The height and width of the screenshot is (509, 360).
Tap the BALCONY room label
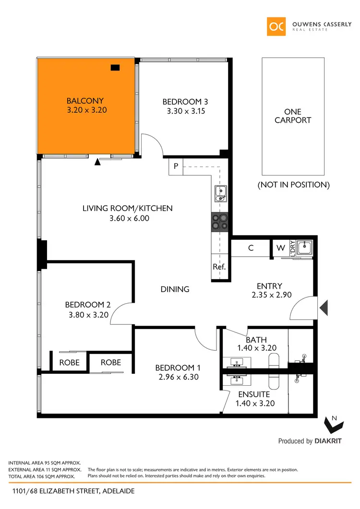click(x=85, y=101)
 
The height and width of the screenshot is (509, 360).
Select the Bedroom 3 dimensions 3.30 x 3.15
click(x=185, y=111)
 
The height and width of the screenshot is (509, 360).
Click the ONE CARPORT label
click(x=293, y=116)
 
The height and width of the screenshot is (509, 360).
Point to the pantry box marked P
click(x=176, y=167)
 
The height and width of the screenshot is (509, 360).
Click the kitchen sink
click(x=221, y=193)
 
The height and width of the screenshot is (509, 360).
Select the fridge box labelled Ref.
click(x=219, y=267)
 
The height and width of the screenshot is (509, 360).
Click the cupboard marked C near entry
click(x=251, y=248)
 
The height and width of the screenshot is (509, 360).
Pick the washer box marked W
click(x=280, y=248)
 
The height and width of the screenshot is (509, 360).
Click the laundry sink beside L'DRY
click(x=304, y=248)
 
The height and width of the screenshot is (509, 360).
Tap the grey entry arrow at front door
click(x=324, y=307)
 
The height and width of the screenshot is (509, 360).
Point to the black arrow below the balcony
click(x=98, y=162)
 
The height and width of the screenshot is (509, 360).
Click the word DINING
click(x=175, y=289)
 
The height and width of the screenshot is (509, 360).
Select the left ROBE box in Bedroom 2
click(x=69, y=363)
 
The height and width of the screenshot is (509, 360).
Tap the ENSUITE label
click(x=254, y=394)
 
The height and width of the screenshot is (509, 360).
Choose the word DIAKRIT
click(x=328, y=441)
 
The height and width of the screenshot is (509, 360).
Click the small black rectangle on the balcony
click(x=115, y=68)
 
